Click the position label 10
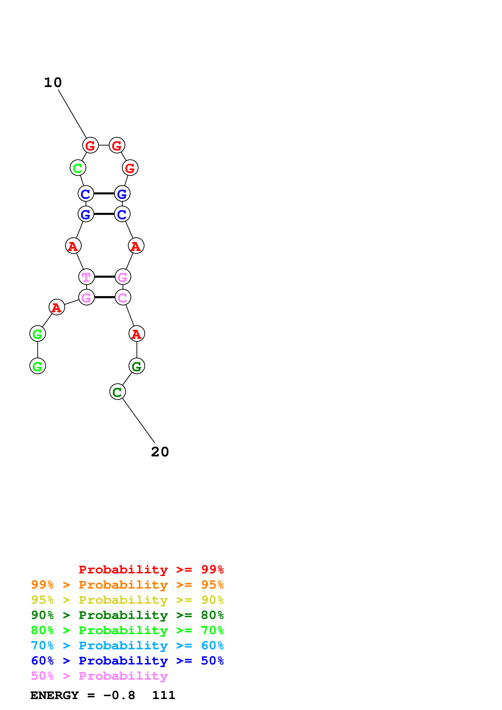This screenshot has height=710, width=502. click(53, 83)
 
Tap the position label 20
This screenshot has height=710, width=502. click(160, 452)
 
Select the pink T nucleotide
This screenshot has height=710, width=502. click(86, 277)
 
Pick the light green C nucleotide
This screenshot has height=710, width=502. click(78, 168)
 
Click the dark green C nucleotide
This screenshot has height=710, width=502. click(117, 392)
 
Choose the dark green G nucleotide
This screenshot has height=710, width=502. click(137, 366)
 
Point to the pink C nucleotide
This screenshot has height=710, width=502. click(123, 298)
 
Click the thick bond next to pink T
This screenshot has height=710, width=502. click(104, 277)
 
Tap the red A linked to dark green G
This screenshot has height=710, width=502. click(137, 334)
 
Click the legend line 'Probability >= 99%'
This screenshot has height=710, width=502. click(151, 570)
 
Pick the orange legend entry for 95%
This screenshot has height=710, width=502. click(127, 585)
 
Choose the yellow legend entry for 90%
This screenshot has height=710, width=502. click(127, 600)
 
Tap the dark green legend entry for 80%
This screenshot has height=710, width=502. click(127, 615)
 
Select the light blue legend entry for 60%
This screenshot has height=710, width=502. click(127, 645)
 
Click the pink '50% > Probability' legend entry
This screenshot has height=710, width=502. click(99, 676)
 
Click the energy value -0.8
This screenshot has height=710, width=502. click(119, 695)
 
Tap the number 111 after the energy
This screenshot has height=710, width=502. click(164, 695)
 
